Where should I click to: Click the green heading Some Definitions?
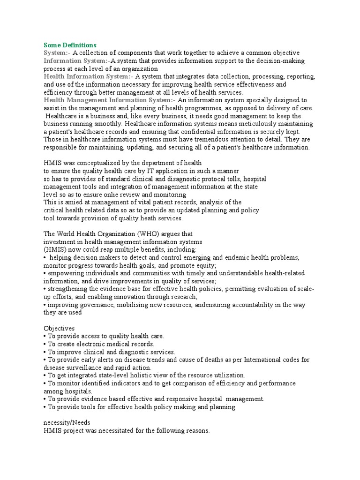70,45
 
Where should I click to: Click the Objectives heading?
59,329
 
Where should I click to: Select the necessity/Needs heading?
68,423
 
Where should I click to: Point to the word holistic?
167,376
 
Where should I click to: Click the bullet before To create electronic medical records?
45,345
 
